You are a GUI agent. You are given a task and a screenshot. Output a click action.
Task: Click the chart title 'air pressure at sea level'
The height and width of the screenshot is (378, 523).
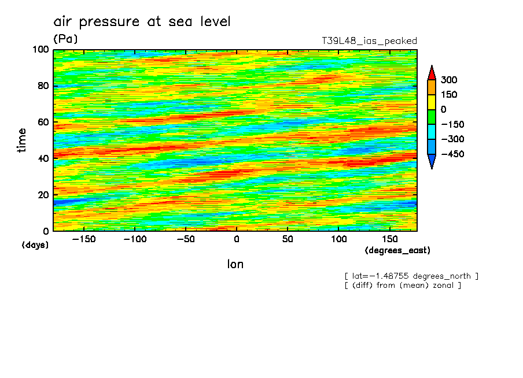click(142, 22)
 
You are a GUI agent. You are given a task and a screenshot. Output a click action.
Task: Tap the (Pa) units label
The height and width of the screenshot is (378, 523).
click(65, 39)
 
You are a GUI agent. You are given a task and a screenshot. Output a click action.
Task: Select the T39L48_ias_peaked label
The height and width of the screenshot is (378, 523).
click(369, 41)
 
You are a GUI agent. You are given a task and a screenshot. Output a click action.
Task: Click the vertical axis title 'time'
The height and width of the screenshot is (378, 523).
click(22, 140)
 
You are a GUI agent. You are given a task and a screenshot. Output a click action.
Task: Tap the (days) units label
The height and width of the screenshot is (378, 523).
click(35, 245)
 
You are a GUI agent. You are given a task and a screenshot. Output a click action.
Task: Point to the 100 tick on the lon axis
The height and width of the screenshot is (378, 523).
click(338, 239)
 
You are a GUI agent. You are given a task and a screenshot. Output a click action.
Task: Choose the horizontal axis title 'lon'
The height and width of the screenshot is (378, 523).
click(235, 264)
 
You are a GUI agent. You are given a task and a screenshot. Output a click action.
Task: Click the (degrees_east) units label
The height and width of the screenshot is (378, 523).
click(397, 250)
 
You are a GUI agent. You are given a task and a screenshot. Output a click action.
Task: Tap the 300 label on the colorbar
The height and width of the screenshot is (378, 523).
click(448, 80)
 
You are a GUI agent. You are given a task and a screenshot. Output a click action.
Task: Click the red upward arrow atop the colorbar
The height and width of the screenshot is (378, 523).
click(431, 72)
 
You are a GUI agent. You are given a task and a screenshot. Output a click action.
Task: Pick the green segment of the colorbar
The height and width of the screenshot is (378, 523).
click(431, 117)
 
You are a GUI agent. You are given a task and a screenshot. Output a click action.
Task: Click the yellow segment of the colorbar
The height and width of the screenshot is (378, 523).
click(431, 102)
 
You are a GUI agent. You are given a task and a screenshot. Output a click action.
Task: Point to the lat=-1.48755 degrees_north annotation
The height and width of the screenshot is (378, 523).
click(411, 276)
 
